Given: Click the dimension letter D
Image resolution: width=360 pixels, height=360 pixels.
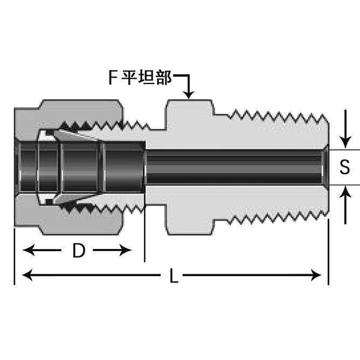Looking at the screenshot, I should (79, 251).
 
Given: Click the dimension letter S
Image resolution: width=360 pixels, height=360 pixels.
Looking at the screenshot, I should (345, 167).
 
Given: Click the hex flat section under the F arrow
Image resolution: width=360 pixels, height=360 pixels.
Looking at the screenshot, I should (188, 108).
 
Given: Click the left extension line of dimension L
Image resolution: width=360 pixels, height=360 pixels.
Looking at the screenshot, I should (14, 259).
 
